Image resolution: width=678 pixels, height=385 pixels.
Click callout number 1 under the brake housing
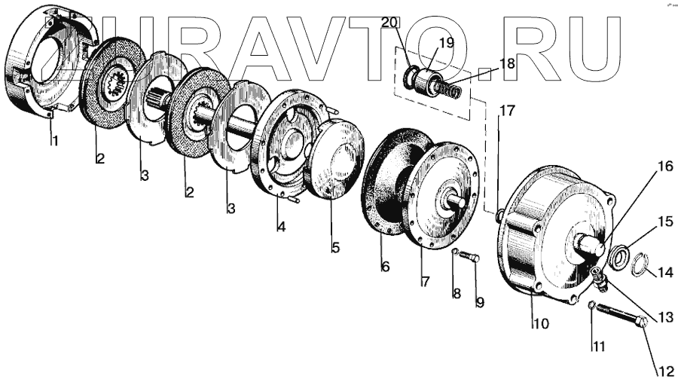pos(54,141)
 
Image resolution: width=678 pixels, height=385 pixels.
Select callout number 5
pos(335,246)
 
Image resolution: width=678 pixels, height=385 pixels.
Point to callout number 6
pos(385,266)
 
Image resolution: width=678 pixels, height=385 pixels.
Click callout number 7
pos(424,282)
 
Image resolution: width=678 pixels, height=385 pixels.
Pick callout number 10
pos(540,324)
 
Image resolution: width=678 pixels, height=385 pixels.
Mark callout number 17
pos(507,112)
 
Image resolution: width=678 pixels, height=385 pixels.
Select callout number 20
pos(389,23)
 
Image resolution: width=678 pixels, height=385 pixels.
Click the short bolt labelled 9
pos(471,258)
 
